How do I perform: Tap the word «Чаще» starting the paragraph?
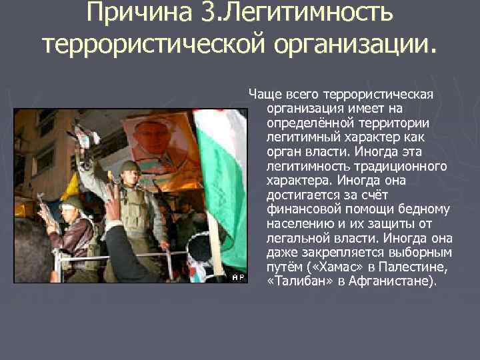point(263,93)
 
